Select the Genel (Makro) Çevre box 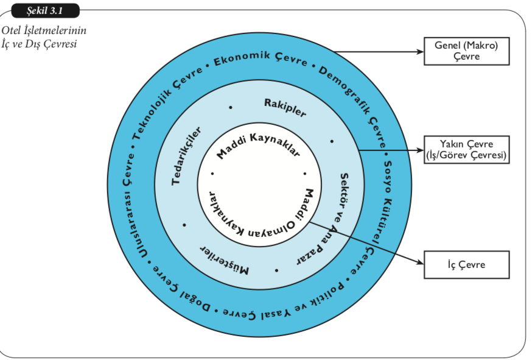tap(466, 51)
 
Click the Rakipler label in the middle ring tap(285, 107)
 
